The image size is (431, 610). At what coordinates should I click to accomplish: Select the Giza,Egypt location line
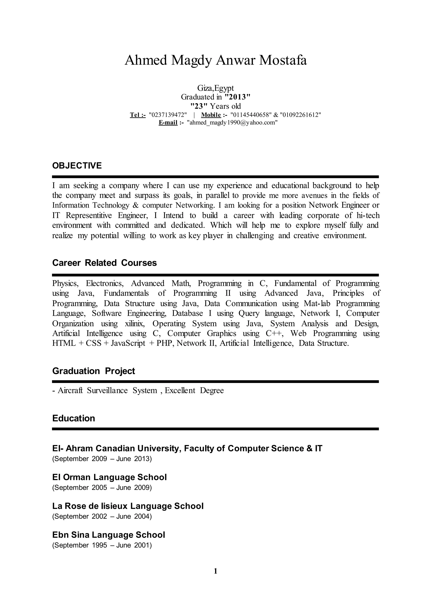pyautogui.click(x=215, y=88)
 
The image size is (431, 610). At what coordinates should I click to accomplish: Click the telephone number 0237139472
pyautogui.click(x=168, y=115)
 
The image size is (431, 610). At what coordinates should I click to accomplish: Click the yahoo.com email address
pyautogui.click(x=232, y=122)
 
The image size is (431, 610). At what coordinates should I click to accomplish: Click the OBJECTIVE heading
pyautogui.click(x=77, y=166)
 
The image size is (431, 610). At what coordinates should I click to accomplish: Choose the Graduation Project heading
pyautogui.click(x=94, y=371)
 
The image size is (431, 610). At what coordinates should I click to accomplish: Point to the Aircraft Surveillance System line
pyautogui.click(x=138, y=391)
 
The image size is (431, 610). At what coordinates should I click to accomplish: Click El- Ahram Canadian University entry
pyautogui.click(x=187, y=448)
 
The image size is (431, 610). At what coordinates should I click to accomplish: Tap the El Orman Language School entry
pyautogui.click(x=109, y=477)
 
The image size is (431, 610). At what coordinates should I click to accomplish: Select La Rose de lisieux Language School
pyautogui.click(x=128, y=506)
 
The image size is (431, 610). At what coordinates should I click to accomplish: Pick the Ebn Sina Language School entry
pyautogui.click(x=109, y=535)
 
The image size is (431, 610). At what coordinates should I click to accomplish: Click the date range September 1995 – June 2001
pyautogui.click(x=102, y=545)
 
